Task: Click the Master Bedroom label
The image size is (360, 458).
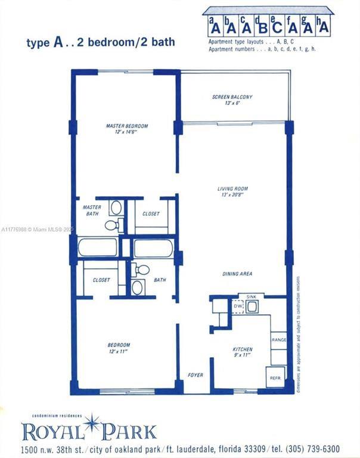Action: coord(126,126)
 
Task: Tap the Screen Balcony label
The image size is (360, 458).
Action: coord(232,97)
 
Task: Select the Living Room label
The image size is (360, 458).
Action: coord(232,189)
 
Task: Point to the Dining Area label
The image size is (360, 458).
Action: coord(237,274)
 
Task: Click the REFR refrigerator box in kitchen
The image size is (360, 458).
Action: coord(275,377)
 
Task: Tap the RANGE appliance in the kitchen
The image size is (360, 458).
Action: coord(279,340)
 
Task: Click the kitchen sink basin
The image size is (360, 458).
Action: coord(253,307)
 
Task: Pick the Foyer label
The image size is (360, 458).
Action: coord(195,375)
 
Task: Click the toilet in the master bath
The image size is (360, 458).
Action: coord(112,225)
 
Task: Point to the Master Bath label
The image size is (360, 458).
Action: coord(92,211)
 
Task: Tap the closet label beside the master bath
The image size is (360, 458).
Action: coord(151,213)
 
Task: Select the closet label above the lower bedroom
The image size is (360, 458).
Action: coord(101,280)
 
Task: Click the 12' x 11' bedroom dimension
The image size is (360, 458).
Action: coord(119,352)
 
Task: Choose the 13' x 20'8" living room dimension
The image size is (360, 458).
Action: coord(232,195)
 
